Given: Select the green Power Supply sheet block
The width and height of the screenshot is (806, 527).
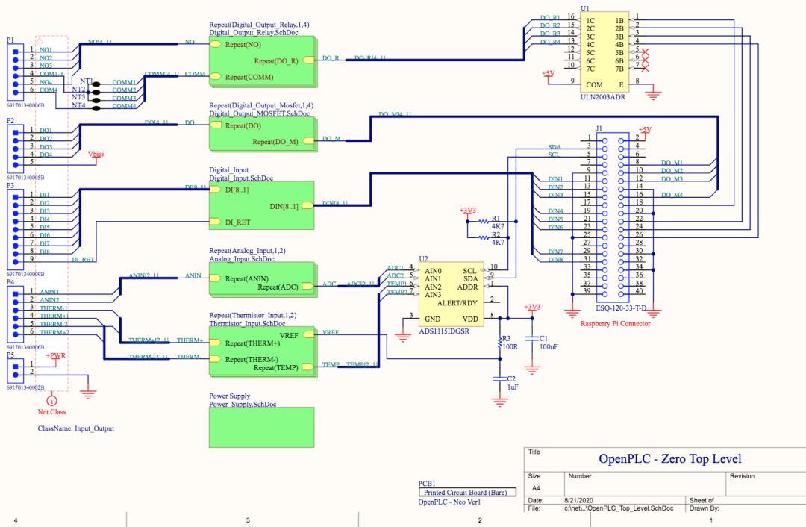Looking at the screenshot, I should click(261, 427).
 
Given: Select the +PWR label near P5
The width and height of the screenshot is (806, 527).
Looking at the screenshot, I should click(56, 356).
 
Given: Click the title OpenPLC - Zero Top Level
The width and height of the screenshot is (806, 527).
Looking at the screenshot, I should click(670, 458).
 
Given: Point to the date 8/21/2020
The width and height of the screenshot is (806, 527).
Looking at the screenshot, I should click(581, 499).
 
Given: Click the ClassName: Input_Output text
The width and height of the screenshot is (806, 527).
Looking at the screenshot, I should click(76, 429).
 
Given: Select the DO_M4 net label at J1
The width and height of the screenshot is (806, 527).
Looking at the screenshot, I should click(672, 195).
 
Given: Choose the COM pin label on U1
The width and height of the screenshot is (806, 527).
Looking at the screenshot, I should click(595, 85).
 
